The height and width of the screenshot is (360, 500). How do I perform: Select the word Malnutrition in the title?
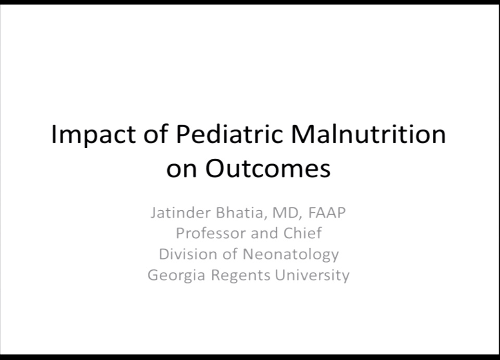click(x=368, y=134)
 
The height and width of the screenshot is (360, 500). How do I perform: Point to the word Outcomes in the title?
click(x=268, y=169)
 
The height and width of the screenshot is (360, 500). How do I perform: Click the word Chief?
click(x=302, y=233)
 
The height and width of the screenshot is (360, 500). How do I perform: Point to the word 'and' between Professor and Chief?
click(x=265, y=233)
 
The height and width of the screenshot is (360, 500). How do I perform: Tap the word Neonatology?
click(x=291, y=254)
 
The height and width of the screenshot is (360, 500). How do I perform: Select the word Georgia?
click(x=177, y=275)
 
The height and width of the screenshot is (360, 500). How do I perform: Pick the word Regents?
click(x=241, y=275)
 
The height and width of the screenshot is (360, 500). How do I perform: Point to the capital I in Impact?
click(x=54, y=134)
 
